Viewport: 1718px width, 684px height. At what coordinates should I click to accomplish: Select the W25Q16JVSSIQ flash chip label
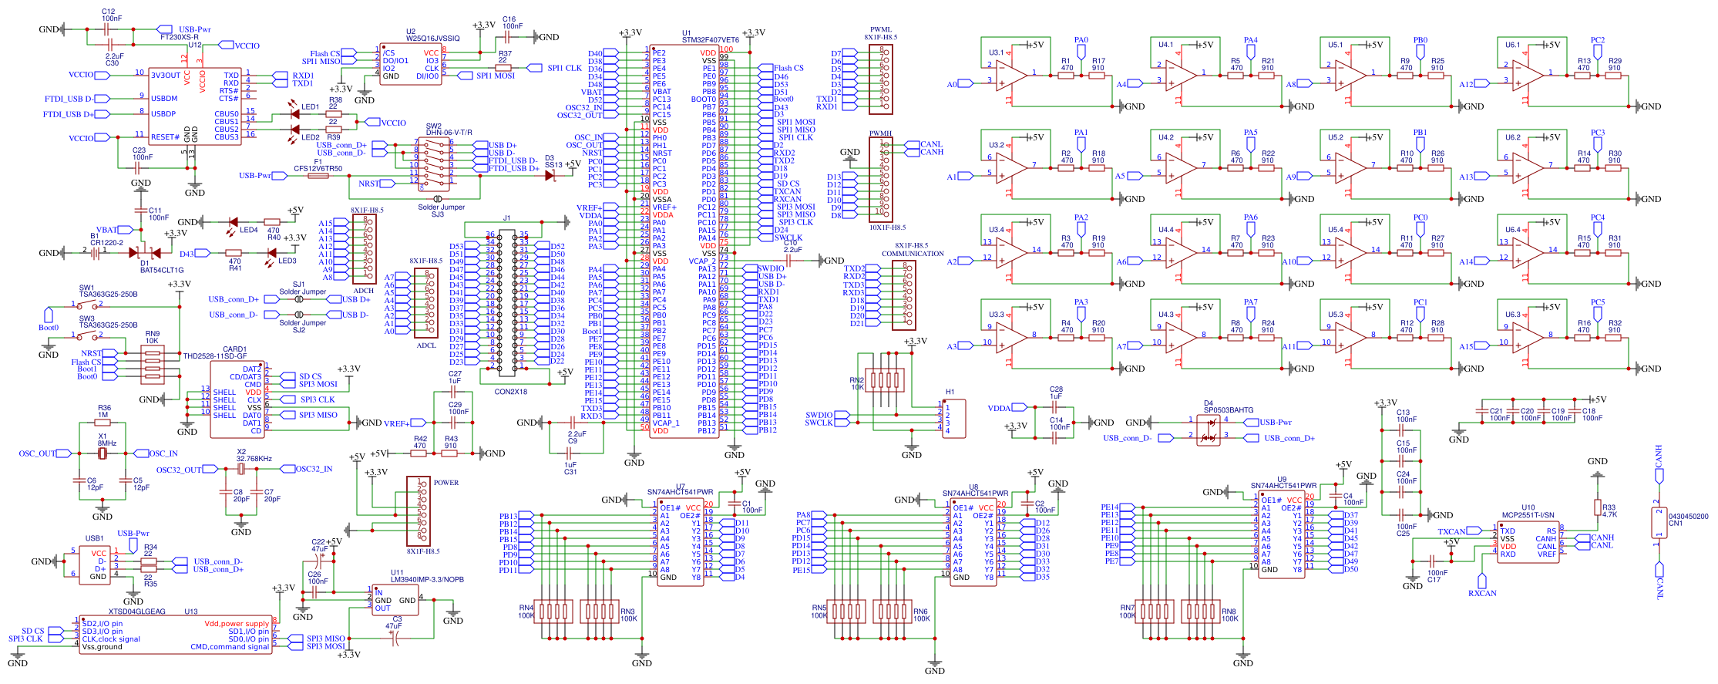coord(433,39)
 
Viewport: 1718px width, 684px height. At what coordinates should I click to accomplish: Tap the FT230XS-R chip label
coord(179,37)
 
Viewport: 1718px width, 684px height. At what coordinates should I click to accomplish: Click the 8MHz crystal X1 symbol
coord(103,453)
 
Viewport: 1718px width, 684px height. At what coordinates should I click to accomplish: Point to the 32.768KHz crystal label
coord(254,459)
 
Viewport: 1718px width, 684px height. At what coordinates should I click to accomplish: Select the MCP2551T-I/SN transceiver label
coord(1528,515)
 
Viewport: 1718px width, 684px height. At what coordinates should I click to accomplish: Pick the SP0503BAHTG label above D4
coord(1229,410)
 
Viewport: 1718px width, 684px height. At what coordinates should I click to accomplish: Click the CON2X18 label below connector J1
coord(510,392)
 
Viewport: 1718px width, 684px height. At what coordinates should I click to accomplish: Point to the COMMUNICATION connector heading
coord(913,254)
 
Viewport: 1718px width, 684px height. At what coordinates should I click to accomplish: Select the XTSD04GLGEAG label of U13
coord(136,612)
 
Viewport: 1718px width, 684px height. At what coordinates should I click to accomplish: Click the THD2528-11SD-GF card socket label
coord(214,356)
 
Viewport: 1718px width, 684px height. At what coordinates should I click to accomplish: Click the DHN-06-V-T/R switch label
coord(449,133)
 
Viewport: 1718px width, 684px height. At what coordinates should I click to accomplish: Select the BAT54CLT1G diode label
coord(162,271)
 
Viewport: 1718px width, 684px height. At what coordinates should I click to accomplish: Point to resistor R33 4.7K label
coord(1609,511)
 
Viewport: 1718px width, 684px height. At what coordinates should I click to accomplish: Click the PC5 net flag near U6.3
coord(1598,302)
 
